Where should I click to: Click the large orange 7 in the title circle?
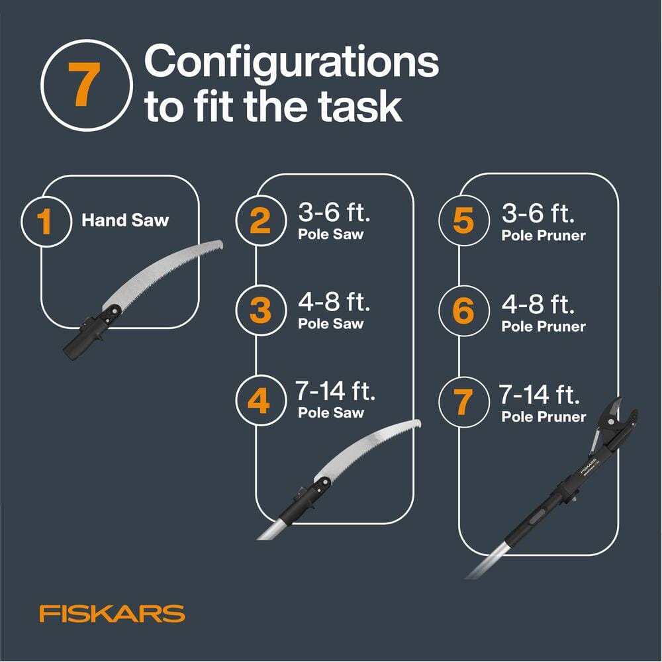[84, 84]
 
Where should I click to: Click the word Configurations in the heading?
[291, 62]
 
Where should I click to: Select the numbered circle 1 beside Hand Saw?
[46, 221]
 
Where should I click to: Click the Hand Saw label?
[125, 220]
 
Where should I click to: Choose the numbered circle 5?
[464, 220]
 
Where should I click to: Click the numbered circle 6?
[464, 310]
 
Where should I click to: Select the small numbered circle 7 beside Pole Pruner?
[464, 402]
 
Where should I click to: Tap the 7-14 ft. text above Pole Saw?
[335, 391]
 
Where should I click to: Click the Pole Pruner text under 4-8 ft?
[544, 326]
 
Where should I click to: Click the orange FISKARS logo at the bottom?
[113, 613]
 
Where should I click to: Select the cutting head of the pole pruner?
[612, 426]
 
